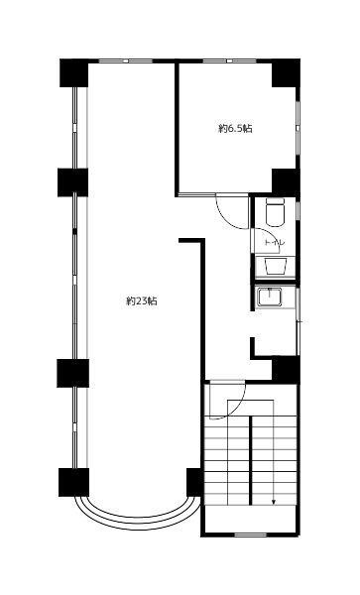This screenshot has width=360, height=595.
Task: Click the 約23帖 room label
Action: pyautogui.click(x=142, y=301)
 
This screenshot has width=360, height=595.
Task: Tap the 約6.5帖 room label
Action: pyautogui.click(x=235, y=128)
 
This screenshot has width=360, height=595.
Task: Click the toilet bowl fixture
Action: pyautogui.click(x=275, y=212)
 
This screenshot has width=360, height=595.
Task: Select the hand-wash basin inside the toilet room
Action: pyautogui.click(x=275, y=266)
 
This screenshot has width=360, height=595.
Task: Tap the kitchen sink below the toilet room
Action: pyautogui.click(x=270, y=297)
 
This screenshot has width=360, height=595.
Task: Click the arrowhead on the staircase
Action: pyautogui.click(x=274, y=503)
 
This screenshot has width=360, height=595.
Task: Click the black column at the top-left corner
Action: pyautogui.click(x=74, y=72)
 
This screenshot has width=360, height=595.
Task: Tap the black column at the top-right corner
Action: pyautogui.click(x=286, y=72)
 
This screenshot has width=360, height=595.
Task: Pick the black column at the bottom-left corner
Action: pyautogui.click(x=73, y=482)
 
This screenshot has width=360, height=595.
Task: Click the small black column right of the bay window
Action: pyautogui.click(x=194, y=482)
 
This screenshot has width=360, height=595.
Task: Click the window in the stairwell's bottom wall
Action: pyautogui.click(x=250, y=535)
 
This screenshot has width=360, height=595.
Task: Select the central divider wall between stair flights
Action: pyautogui.click(x=250, y=460)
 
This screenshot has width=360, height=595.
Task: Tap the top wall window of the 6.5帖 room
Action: pyautogui.click(x=229, y=60)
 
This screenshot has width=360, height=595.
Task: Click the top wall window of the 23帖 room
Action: pyautogui.click(x=126, y=60)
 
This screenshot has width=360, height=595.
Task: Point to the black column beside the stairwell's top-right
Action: pyautogui.click(x=286, y=369)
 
